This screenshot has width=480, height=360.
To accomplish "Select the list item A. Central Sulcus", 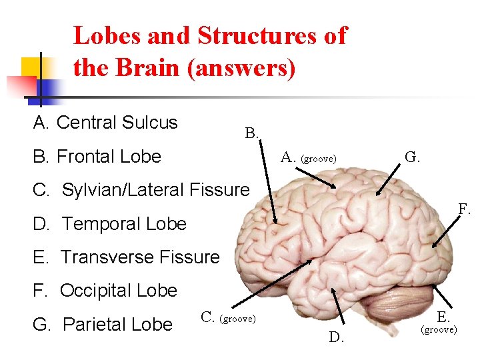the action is (x=106, y=123).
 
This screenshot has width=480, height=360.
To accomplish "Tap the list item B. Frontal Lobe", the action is (x=97, y=157).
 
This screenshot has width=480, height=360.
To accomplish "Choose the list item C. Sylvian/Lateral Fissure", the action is (x=141, y=190).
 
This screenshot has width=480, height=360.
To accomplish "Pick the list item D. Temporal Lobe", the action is (x=110, y=224).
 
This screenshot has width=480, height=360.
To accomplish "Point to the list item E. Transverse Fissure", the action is (x=126, y=257).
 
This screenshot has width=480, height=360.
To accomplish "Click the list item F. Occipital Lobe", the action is (x=105, y=291).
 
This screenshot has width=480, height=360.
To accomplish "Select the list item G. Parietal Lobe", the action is (x=103, y=325).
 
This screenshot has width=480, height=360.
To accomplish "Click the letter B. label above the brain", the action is (x=252, y=133).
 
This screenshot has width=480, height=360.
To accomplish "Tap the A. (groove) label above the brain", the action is (x=309, y=158).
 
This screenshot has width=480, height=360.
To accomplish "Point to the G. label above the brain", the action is (x=413, y=157).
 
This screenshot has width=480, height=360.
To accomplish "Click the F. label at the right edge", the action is (x=465, y=209).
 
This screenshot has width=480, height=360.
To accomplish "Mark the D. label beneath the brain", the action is (x=337, y=337).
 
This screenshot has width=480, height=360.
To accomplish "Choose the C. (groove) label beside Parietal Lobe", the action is (x=228, y=318).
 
